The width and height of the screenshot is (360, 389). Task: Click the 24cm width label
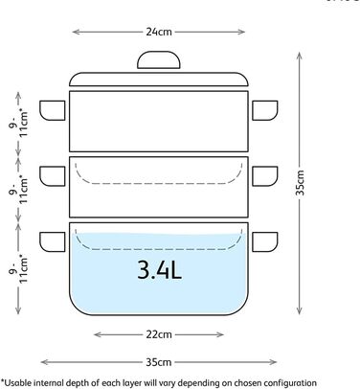[159, 32]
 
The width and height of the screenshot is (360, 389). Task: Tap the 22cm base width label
[159, 334]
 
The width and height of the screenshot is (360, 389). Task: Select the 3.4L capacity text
[159, 270]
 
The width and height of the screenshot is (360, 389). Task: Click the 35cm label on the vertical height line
[300, 183]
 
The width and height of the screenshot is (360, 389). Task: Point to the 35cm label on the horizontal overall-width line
[159, 362]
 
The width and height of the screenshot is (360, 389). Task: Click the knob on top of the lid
[159, 60]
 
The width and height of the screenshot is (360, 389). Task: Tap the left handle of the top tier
[53, 110]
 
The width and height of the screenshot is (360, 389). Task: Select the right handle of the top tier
[265, 110]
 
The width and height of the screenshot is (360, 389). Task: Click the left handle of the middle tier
[53, 176]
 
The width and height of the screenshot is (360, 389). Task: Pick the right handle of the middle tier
[265, 176]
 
